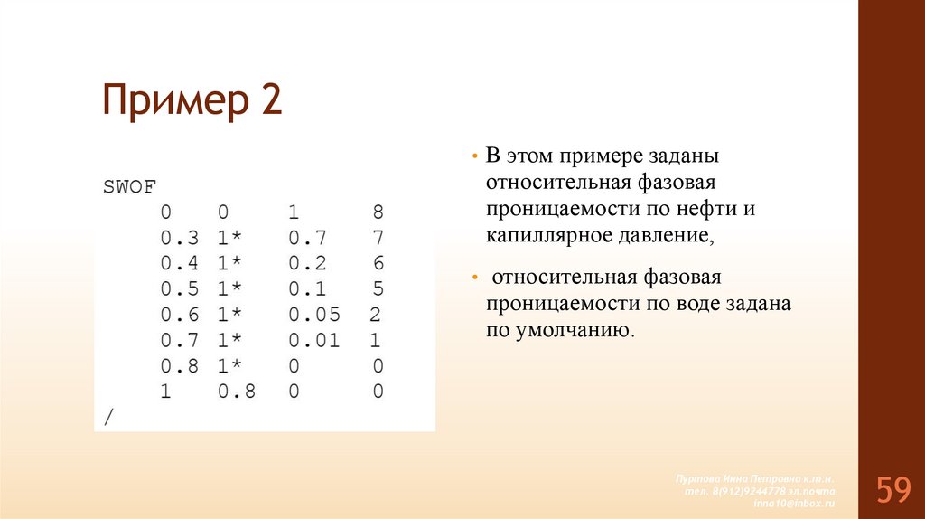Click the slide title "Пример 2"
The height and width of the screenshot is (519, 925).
[x=192, y=101]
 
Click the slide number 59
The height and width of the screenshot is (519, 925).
[x=892, y=491]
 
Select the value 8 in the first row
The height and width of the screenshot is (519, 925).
[x=378, y=213]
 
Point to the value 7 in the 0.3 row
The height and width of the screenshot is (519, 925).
[x=378, y=239]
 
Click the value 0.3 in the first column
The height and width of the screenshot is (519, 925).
[x=179, y=239]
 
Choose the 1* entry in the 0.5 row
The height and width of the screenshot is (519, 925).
[x=229, y=290]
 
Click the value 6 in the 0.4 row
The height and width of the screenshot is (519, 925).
[x=378, y=264]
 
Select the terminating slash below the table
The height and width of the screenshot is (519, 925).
[x=109, y=417]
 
